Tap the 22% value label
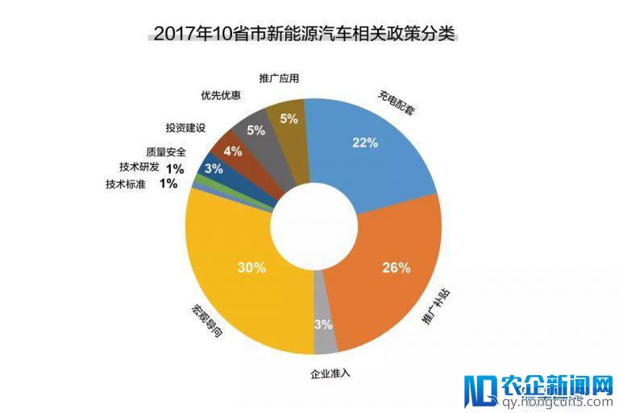click(364, 143)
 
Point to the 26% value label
click(397, 268)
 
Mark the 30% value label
click(251, 268)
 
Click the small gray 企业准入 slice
click(326, 339)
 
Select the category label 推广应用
click(280, 79)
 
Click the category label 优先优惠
click(220, 96)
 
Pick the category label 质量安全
click(166, 151)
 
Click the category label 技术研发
click(139, 167)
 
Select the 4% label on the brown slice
click(232, 151)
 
